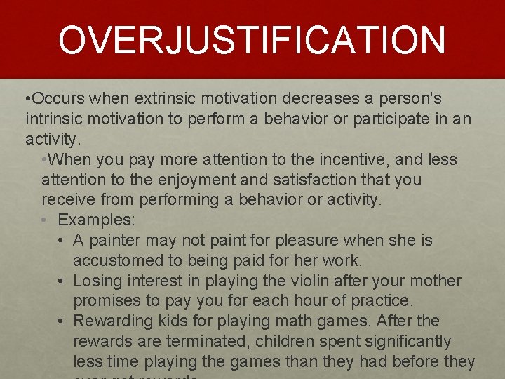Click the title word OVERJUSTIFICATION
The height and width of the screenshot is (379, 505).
[x=252, y=40]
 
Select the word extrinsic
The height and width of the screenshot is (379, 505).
[x=165, y=98]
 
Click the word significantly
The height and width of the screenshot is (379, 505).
[x=408, y=342]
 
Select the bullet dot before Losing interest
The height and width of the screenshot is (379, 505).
[x=62, y=281]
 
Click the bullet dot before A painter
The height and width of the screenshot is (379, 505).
[x=62, y=241]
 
